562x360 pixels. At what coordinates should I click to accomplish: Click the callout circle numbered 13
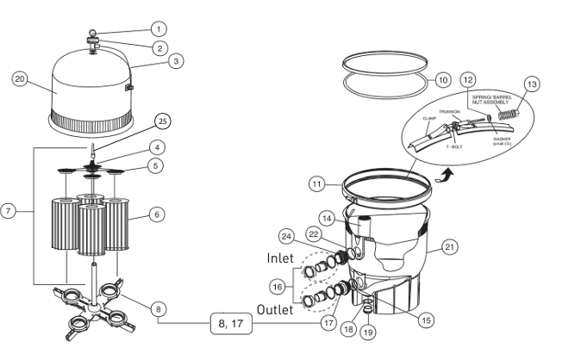tap(531, 84)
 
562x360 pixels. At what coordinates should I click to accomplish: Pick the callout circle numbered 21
tap(449, 247)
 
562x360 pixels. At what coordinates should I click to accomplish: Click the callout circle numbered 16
tap(277, 283)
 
